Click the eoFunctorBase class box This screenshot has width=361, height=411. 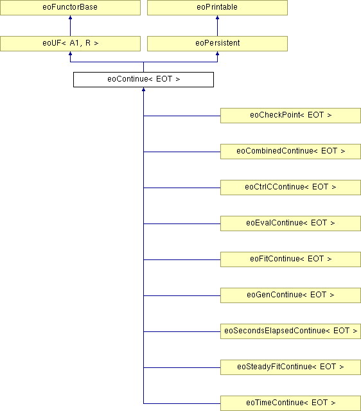70,7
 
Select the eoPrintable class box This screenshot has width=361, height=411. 217,7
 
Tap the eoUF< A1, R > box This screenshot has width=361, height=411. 70,44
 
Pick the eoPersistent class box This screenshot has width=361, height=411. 217,44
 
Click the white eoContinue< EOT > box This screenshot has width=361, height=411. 143,80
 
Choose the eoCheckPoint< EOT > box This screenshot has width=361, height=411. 290,116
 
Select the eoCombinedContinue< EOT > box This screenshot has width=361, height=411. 290,152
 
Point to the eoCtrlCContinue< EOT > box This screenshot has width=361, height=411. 290,188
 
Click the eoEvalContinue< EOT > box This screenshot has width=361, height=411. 290,223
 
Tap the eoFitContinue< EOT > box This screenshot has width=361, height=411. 290,259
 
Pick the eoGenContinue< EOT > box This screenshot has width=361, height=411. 290,295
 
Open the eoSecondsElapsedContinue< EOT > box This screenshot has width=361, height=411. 290,331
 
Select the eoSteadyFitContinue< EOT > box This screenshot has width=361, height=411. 290,367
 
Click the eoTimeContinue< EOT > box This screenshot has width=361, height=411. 290,403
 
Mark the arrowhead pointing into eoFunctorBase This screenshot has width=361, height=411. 70,17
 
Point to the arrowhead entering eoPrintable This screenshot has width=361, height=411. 217,17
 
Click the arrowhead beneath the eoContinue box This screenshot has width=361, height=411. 143,89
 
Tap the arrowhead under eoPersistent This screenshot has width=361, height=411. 217,53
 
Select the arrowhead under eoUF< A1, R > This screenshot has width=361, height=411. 70,53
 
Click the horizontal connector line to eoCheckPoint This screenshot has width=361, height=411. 182,116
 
